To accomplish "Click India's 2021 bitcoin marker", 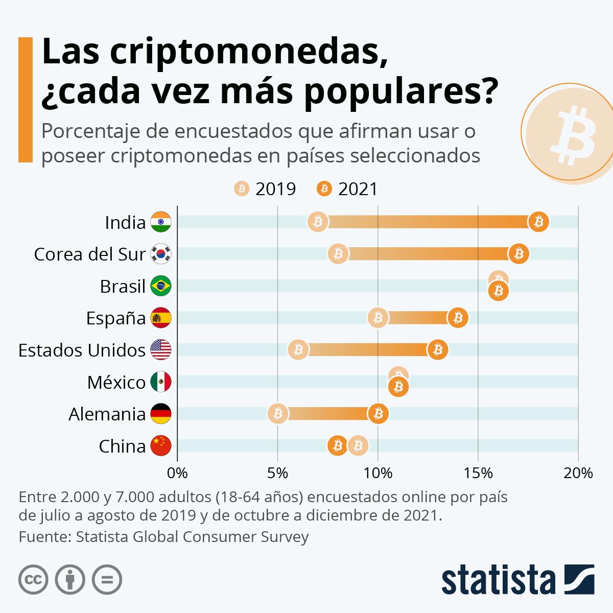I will coord(538,222).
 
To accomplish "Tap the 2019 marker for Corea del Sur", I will coord(338,254).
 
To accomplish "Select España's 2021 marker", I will coord(458,318).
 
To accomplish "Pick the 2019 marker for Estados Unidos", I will coord(298,350).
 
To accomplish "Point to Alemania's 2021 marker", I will coord(378,413).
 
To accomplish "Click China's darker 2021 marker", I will coord(337,445).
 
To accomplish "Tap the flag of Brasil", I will coord(161,286).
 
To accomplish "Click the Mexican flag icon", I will coord(161,382).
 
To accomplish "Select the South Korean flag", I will coord(161,254).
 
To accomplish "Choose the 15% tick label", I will coord(478,473).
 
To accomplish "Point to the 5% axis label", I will coord(277,473).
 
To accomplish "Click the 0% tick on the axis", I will coord(177,473).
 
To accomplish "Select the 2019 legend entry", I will coord(265,189).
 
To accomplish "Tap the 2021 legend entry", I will coord(347,189).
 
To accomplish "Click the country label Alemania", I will coord(107,414).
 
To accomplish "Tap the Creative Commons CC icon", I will coord(34,579).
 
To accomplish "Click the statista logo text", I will coord(498,580).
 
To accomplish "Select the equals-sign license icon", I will coord(107,579).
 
